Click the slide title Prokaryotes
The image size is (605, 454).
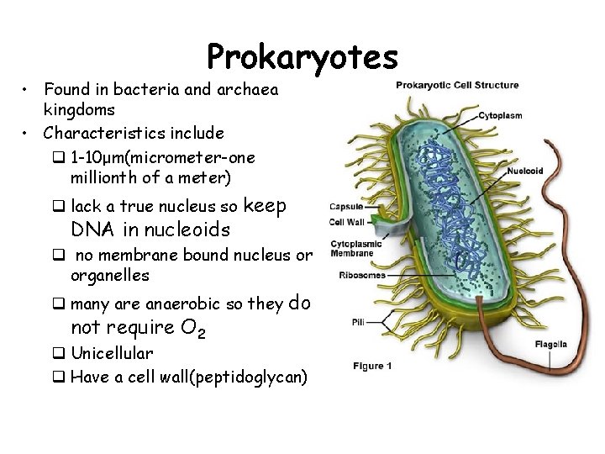pos(302,58)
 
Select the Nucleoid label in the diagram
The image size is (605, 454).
pos(525,172)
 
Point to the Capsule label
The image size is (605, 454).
pos(347,207)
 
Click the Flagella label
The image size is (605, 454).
pos(551,343)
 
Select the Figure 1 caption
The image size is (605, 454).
pos(372,366)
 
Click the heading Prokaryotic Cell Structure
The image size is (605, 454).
pos(458,85)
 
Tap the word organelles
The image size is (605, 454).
pos(110,275)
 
